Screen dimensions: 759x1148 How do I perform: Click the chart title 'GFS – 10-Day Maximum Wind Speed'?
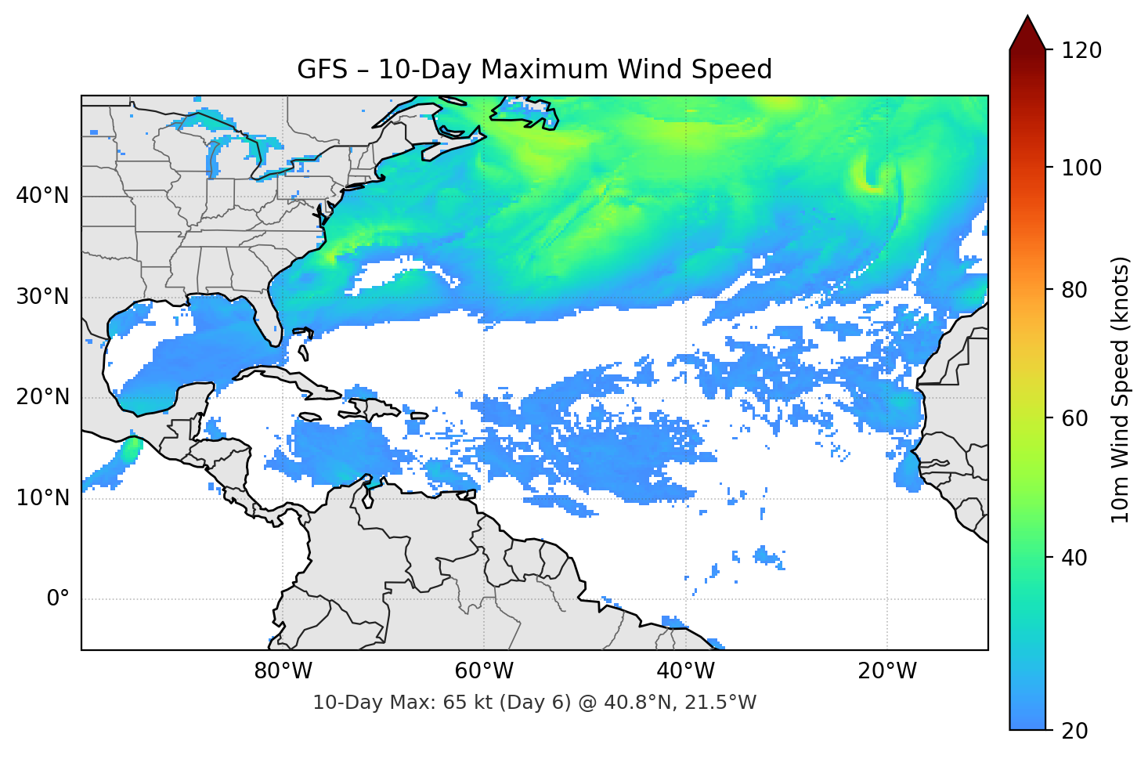point(534,70)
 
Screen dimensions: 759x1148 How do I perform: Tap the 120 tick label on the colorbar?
point(1081,50)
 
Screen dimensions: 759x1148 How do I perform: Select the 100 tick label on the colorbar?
point(1081,168)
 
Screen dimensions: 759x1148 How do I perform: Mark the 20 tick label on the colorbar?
point(1075,731)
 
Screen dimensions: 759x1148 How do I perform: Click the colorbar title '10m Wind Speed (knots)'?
point(1121,389)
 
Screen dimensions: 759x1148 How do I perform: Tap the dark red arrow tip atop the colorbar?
point(1027,31)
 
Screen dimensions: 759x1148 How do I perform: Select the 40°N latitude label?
point(42,196)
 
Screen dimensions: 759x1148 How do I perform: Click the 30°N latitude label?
point(42,297)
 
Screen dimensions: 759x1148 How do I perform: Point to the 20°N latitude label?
point(42,397)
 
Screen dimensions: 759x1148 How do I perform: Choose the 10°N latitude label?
point(42,498)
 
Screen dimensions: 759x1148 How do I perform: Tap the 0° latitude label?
point(57,599)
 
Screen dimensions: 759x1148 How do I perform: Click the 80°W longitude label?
point(283,671)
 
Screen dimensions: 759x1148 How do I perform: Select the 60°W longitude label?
point(484,671)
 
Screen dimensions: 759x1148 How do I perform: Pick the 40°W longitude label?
point(685,671)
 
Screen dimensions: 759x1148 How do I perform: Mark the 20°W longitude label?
point(887,671)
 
